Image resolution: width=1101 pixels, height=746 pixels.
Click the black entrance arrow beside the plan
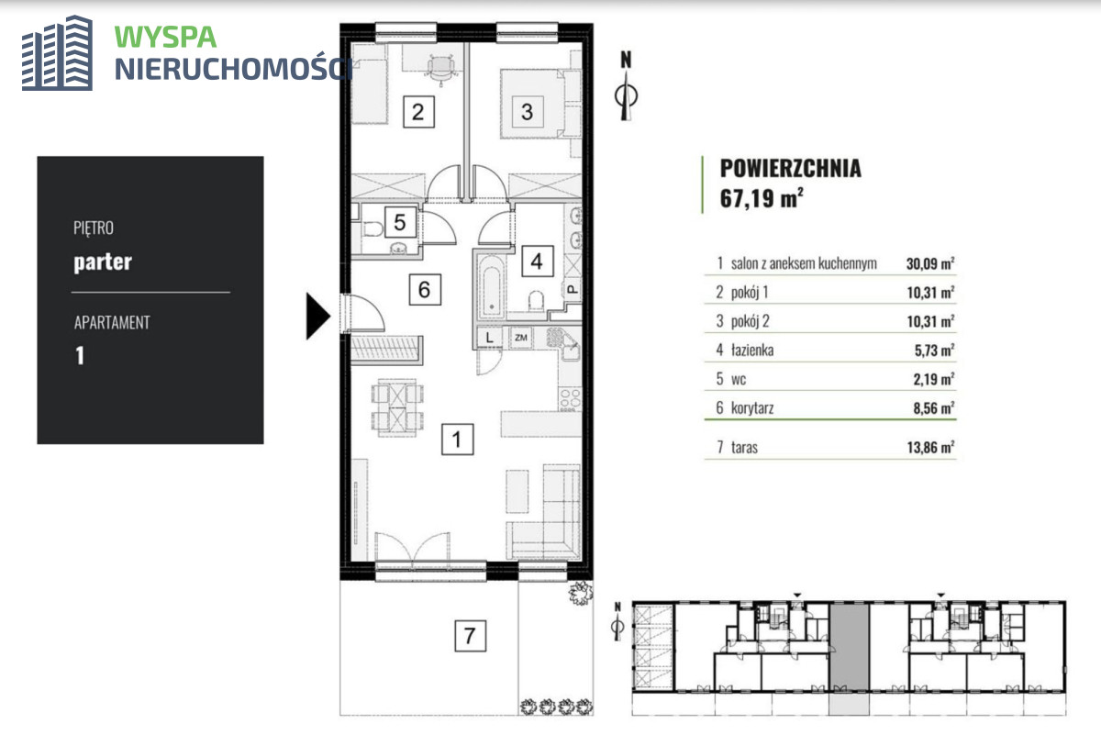317,316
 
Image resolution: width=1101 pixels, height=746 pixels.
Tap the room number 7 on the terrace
470,636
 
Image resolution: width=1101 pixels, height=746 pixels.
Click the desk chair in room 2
440,68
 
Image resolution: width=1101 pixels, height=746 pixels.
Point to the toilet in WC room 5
373,229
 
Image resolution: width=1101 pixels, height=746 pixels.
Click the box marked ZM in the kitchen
520,338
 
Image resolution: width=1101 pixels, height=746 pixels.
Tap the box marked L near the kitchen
489,338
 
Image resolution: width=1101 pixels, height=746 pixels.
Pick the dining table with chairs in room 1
397,406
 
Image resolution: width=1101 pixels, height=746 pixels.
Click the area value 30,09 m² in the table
930,263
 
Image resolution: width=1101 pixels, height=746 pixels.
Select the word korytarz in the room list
752,408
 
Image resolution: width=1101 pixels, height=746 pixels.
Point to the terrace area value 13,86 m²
930,447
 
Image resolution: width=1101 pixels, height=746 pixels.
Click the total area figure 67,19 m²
762,198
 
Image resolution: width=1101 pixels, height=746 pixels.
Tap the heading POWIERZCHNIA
790,169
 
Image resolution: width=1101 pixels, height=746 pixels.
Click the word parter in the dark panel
103,262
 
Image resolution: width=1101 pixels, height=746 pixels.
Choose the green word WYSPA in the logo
165,38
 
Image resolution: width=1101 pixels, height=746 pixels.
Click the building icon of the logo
57,53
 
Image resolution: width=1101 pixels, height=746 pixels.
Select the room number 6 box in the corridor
425,289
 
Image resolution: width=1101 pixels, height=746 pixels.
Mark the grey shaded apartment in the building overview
849,647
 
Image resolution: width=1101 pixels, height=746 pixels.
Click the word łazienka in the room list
752,350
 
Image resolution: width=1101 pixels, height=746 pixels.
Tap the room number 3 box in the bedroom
527,112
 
